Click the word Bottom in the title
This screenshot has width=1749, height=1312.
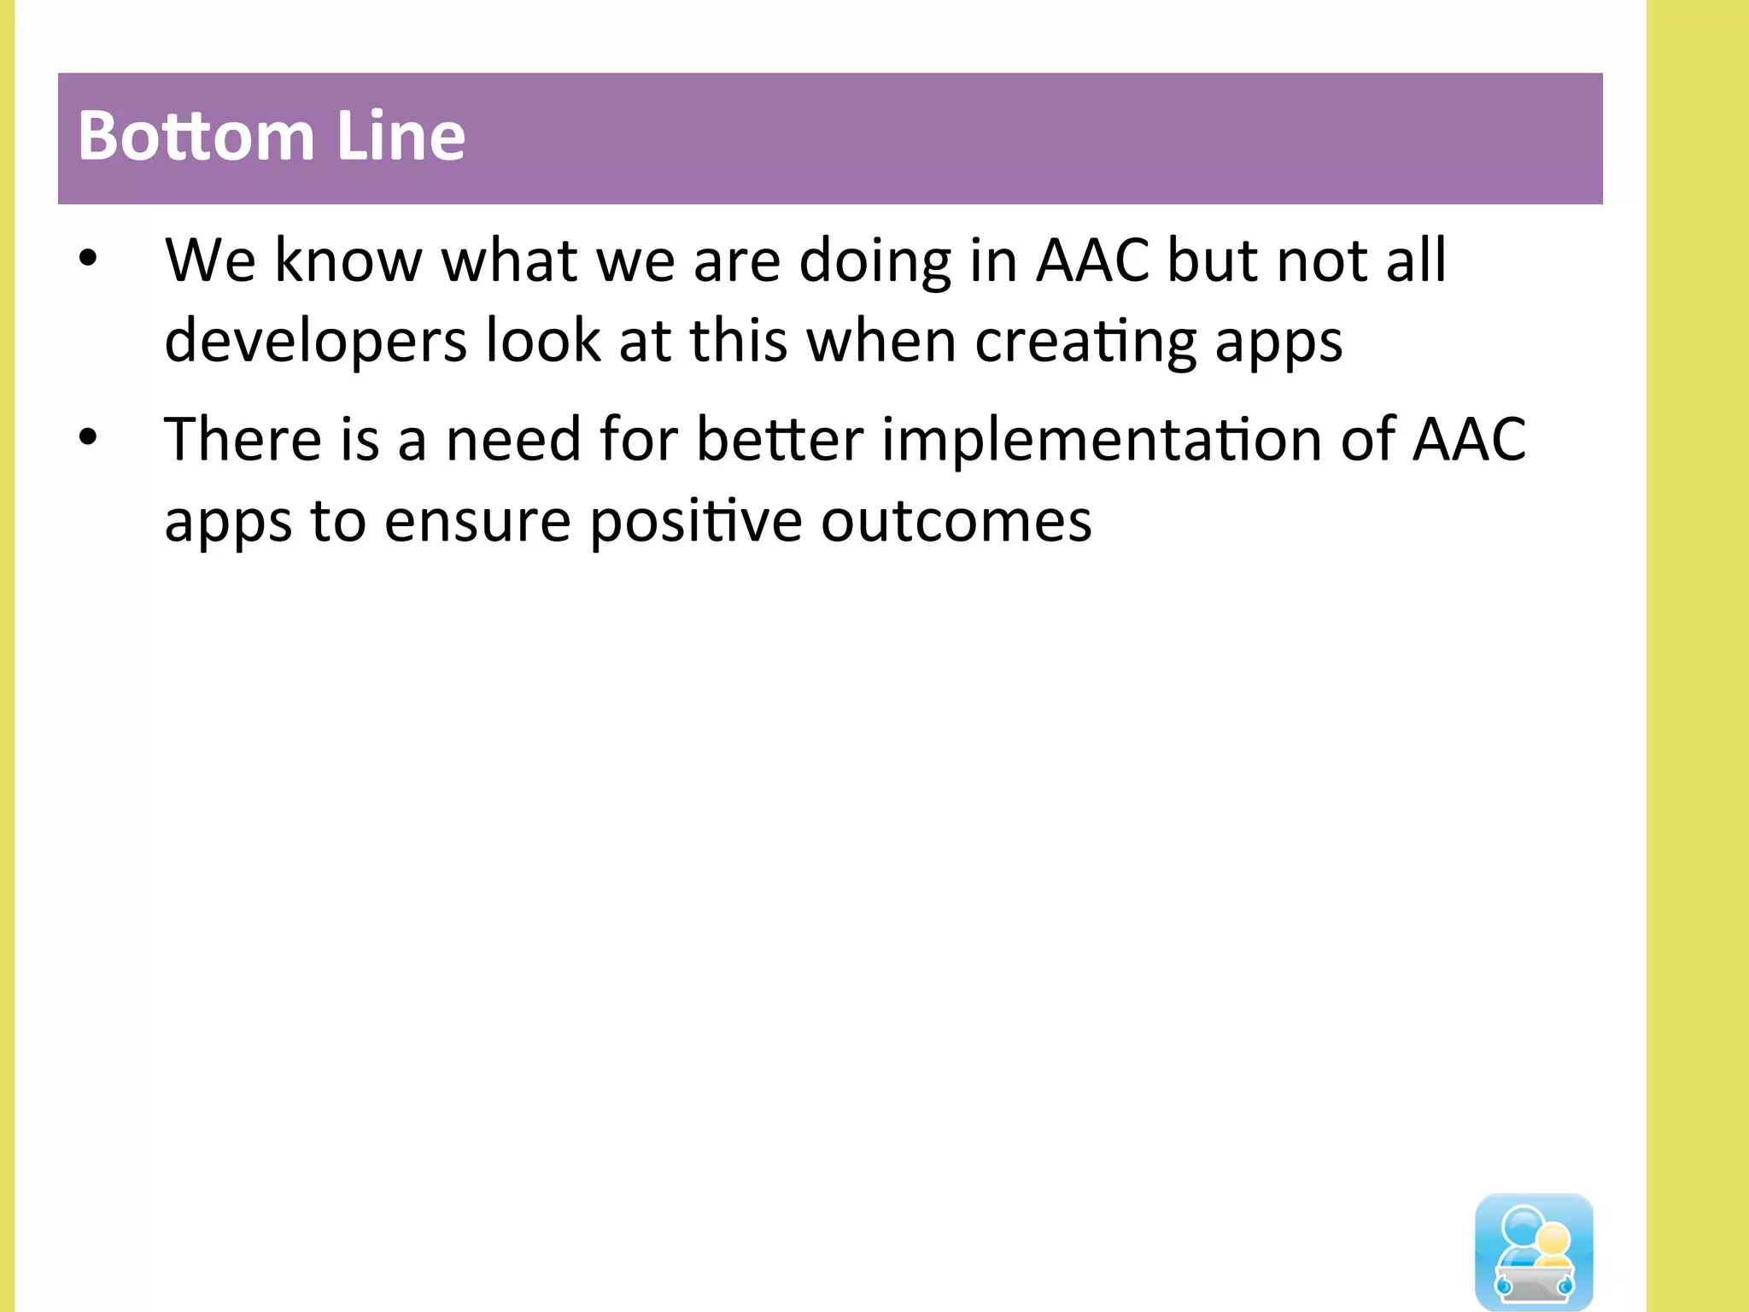click(196, 137)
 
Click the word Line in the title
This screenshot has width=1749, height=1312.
click(401, 137)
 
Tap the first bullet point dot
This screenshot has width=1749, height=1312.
click(88, 258)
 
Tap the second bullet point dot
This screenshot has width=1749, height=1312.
click(88, 437)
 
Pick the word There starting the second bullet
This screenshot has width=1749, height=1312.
click(243, 439)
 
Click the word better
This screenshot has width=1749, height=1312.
click(780, 439)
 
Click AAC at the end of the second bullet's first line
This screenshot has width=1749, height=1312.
click(1469, 439)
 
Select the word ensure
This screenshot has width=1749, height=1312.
click(477, 521)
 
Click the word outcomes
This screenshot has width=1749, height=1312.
click(956, 521)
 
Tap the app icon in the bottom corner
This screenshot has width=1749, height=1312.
click(1534, 1251)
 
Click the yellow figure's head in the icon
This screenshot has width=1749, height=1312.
click(1553, 1239)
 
